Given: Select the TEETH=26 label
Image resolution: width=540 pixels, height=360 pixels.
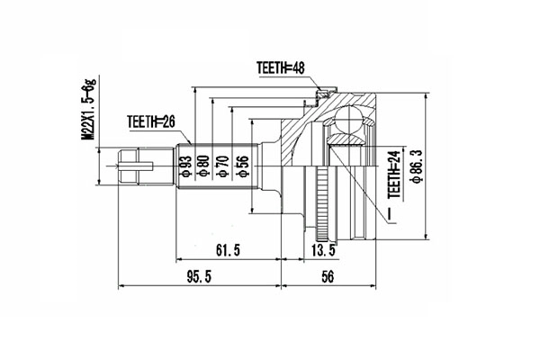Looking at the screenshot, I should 149,123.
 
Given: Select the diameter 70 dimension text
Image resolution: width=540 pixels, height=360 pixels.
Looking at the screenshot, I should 223,168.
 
